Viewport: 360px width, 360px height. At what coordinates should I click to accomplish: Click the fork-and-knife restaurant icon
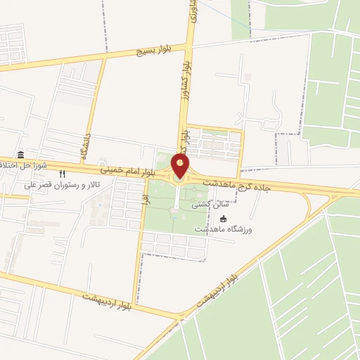pos(63,174)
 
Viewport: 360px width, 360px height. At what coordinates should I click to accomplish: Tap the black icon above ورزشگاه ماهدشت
pos(224,219)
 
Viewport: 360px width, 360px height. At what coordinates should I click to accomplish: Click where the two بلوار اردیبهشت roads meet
pos(176,318)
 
